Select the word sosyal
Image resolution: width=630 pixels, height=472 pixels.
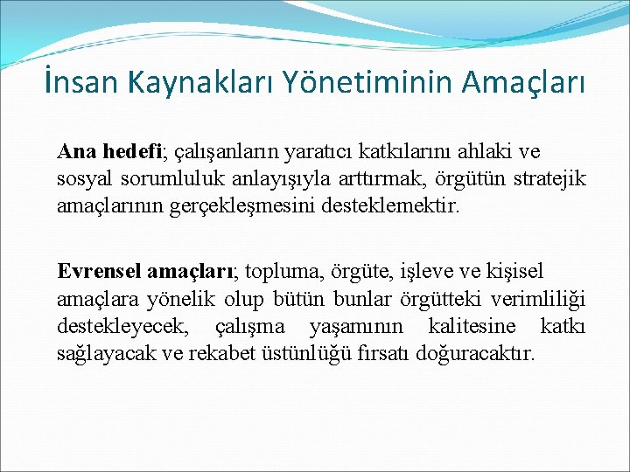point(82,181)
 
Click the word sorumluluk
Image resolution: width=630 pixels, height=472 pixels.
point(164,181)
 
